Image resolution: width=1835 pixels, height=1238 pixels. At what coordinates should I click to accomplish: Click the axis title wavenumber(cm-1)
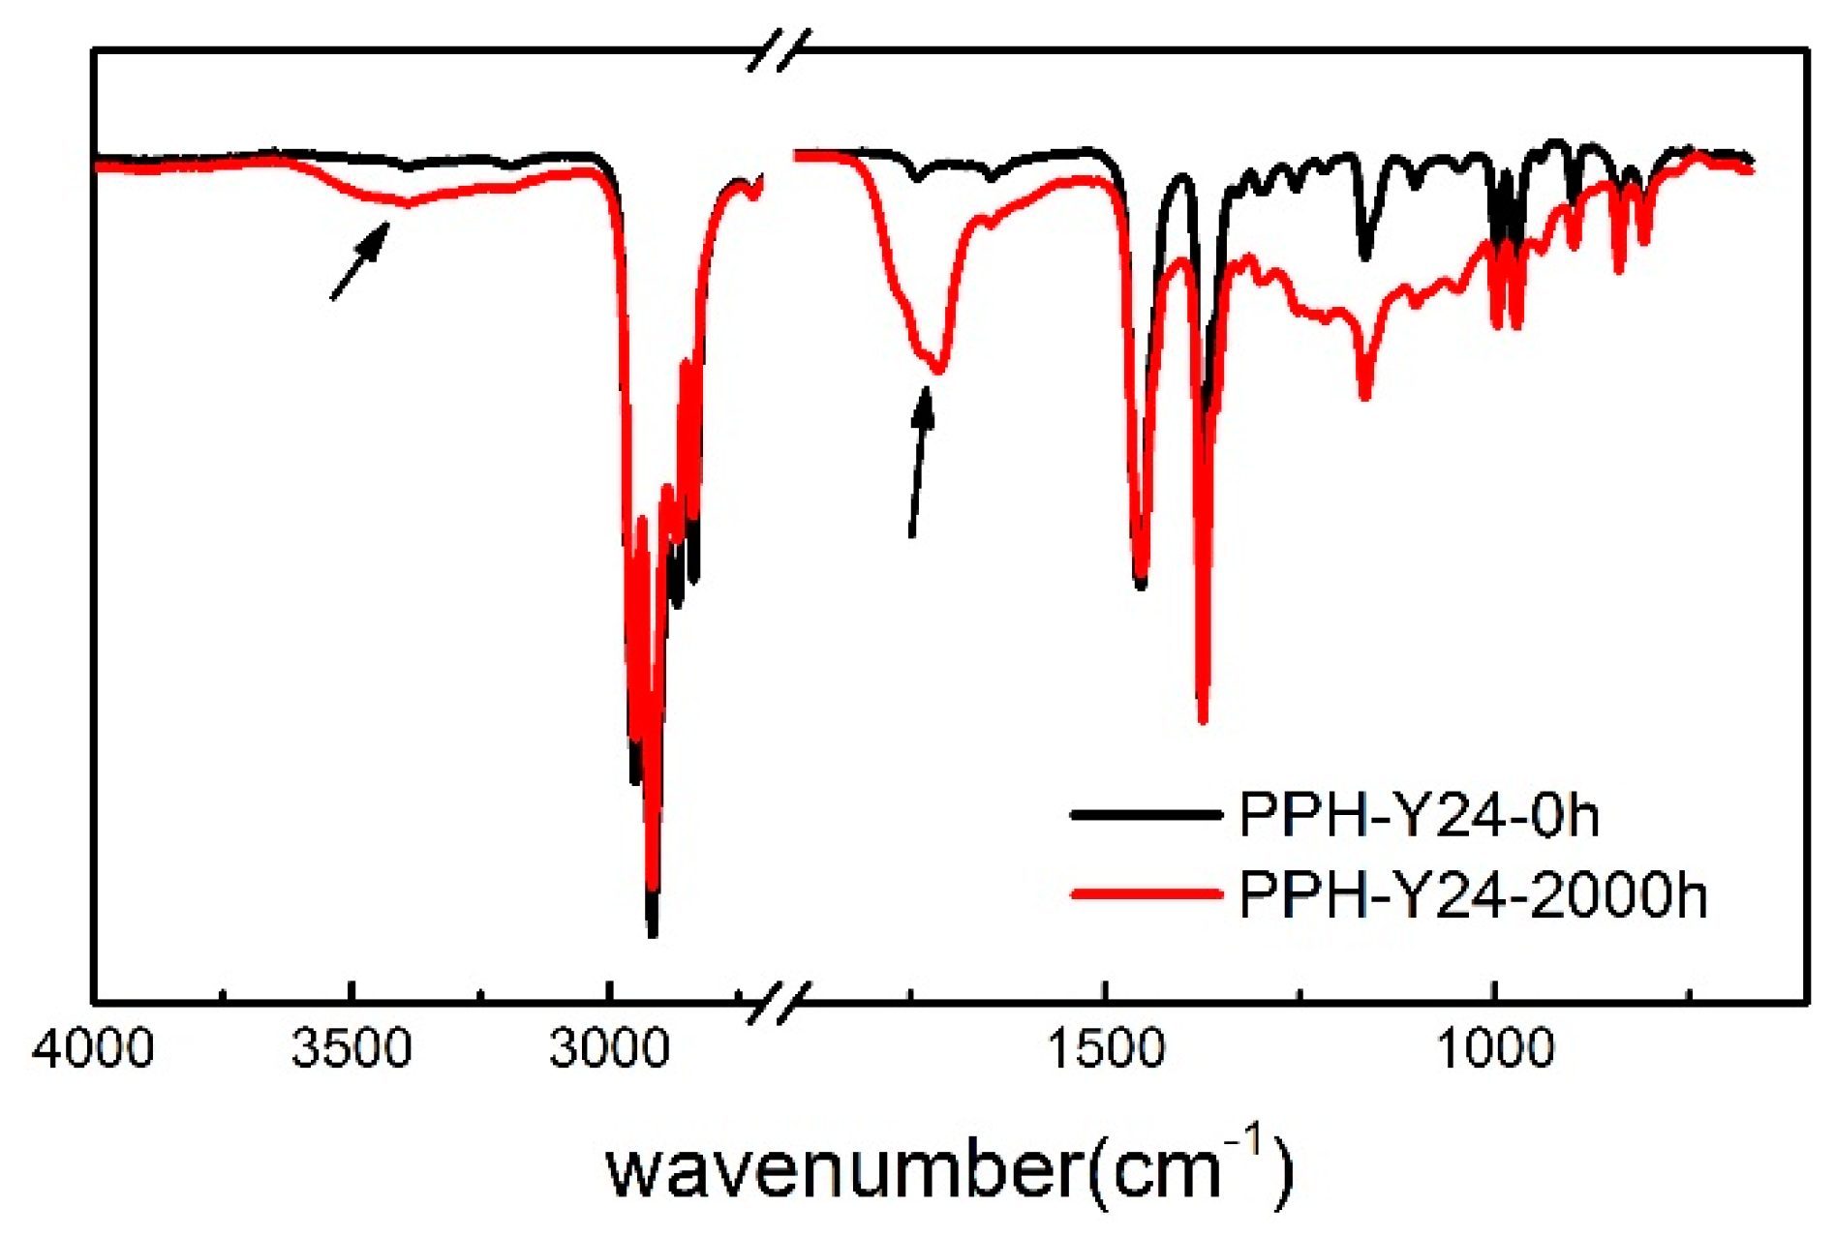[x=949, y=1169]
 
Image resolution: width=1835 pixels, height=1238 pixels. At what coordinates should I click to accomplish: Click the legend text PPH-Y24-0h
[x=1419, y=815]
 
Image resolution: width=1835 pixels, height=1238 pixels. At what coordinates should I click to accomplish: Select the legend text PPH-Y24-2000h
[x=1473, y=895]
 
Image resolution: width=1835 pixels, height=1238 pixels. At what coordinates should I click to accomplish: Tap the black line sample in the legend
[x=1146, y=815]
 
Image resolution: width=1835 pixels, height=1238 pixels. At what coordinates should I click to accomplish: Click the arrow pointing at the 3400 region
[x=360, y=260]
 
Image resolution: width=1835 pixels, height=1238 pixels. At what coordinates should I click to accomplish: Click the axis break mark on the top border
[x=779, y=49]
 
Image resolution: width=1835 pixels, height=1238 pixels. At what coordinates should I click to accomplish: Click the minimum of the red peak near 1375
[x=1203, y=718]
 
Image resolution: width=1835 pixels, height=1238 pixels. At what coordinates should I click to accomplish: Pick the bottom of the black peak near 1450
[x=1141, y=584]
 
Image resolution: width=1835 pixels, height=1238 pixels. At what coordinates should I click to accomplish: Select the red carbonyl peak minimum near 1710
[x=937, y=369]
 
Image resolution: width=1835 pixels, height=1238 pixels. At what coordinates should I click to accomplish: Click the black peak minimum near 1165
[x=1365, y=257]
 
